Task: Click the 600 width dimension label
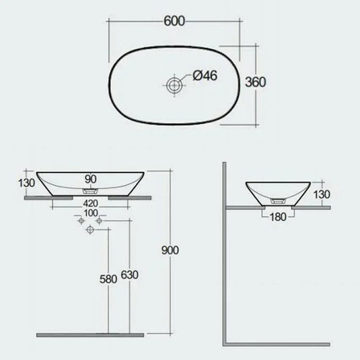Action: [174, 20]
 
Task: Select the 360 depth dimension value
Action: [256, 82]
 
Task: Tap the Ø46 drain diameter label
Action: [205, 76]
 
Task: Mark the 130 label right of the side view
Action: [323, 194]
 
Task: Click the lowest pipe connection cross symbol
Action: [89, 231]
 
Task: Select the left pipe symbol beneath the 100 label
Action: [81, 221]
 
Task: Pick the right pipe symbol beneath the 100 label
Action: [98, 221]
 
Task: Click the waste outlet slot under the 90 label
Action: [89, 191]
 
